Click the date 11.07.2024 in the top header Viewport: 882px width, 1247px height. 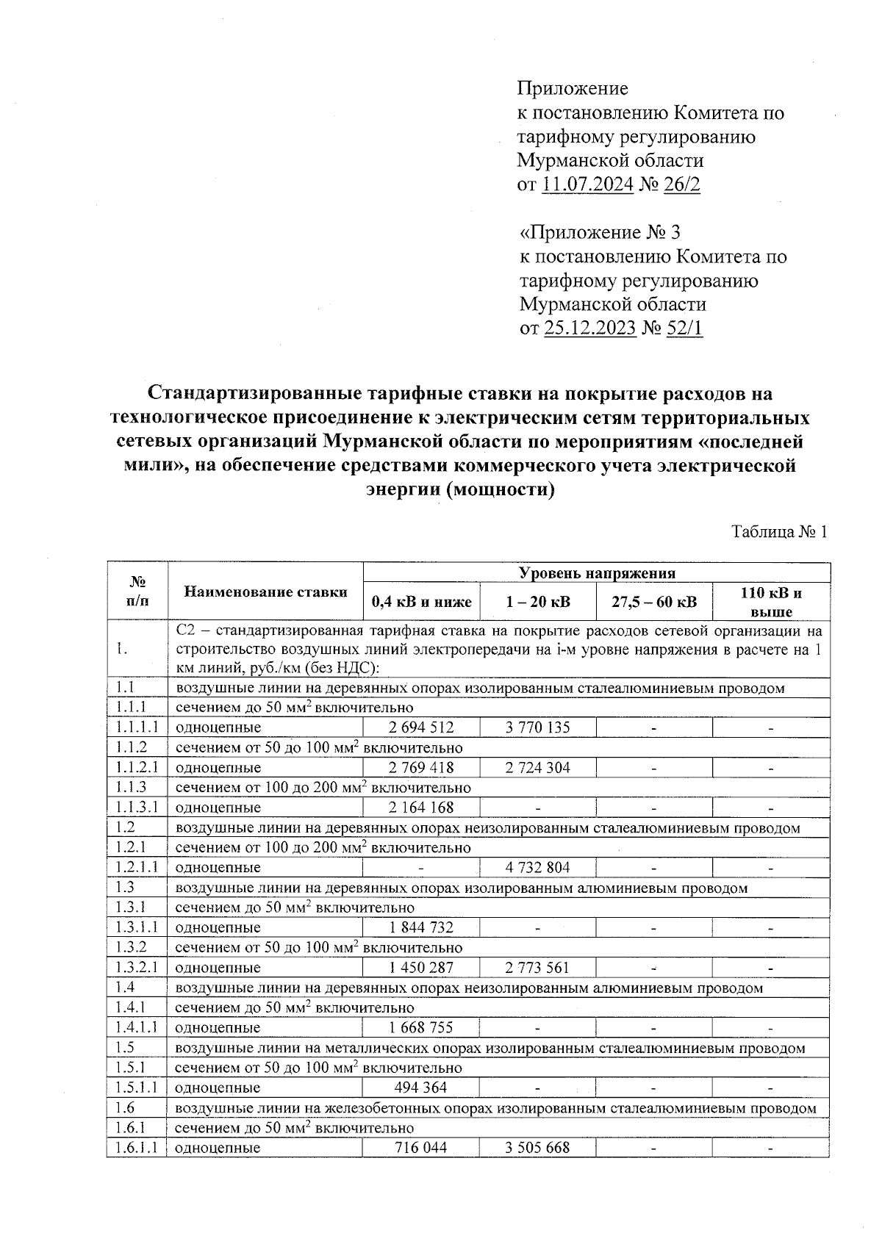pos(587,184)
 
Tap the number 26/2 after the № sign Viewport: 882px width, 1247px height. pos(681,184)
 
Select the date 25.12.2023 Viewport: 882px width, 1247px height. pos(589,328)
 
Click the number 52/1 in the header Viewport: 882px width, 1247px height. pos(684,328)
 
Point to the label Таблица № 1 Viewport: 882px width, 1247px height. pos(779,531)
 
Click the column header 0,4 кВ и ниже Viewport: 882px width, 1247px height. pos(421,603)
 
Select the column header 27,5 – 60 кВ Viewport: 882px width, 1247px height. pos(654,603)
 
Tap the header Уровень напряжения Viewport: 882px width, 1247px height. pos(597,573)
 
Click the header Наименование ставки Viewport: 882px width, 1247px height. pos(265,592)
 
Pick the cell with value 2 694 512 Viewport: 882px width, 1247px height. pos(421,727)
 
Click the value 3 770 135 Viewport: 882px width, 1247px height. pos(537,727)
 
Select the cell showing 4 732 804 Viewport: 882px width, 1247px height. pos(537,867)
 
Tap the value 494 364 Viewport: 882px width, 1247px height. pos(421,1088)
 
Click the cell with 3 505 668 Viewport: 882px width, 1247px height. pos(537,1148)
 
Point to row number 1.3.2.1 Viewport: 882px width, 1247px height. pos(137,968)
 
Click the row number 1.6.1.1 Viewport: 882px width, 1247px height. pos(137,1148)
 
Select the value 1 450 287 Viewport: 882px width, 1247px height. pos(421,968)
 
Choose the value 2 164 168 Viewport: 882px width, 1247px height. pos(421,808)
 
